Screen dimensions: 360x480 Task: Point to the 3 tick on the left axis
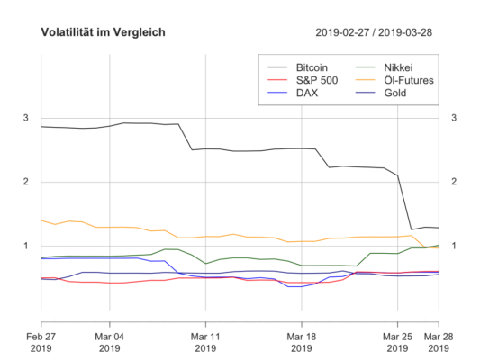26,119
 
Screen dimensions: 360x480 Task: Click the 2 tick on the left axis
26,182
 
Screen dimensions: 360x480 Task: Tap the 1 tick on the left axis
26,246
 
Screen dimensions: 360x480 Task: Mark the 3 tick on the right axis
455,119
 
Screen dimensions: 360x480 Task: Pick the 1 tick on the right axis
455,246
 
